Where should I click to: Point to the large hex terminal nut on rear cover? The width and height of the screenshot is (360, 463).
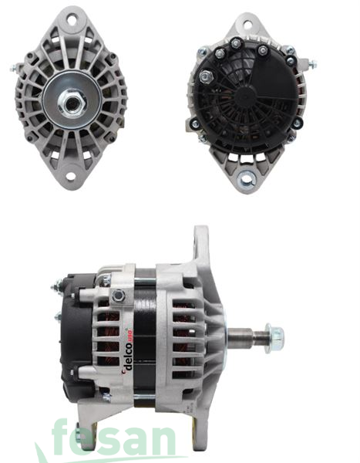[206, 77]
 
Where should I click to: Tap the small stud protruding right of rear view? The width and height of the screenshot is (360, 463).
[312, 63]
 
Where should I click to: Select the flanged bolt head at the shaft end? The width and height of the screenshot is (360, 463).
[271, 337]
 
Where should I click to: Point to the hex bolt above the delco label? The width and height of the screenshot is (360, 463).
[119, 296]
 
